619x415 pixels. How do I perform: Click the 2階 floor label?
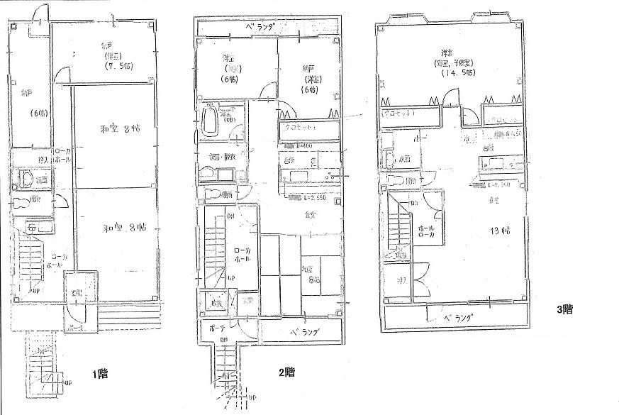click(x=286, y=372)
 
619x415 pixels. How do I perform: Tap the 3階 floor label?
click(x=564, y=309)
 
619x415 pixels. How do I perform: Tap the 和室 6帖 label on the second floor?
click(x=311, y=275)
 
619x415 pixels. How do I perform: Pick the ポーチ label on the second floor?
click(x=217, y=328)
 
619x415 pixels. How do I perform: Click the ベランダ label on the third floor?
click(x=459, y=317)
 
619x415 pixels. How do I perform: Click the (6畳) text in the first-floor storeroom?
click(x=36, y=114)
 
